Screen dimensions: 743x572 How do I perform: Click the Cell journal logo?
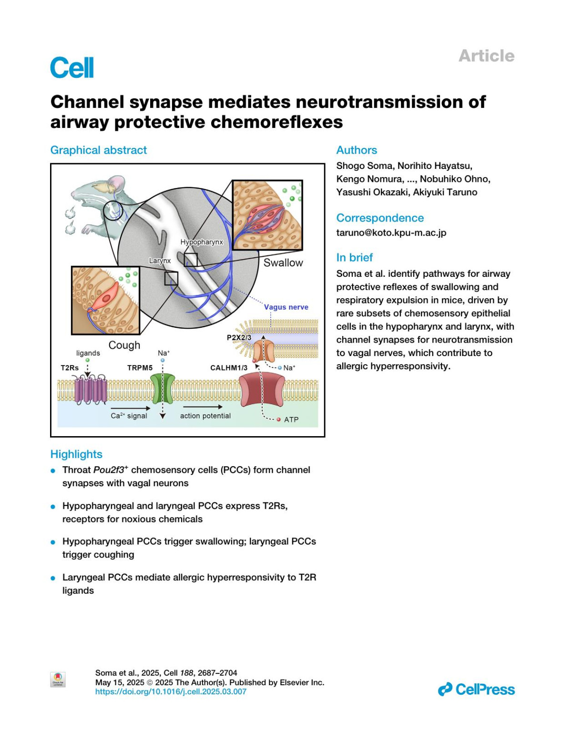tap(72, 67)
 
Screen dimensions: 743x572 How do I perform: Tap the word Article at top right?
tap(486, 56)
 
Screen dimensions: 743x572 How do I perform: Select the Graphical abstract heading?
tap(99, 150)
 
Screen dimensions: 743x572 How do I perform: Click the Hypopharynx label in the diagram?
tap(202, 242)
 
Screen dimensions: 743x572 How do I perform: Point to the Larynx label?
tap(160, 261)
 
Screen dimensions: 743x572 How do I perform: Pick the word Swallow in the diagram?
tap(283, 263)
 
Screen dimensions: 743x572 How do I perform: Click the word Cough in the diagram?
tap(124, 345)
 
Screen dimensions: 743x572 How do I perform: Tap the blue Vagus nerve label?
tap(286, 307)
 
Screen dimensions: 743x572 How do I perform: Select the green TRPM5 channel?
tap(163, 389)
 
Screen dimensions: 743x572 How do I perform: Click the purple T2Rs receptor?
tap(90, 388)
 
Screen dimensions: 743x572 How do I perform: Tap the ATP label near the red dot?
tap(291, 420)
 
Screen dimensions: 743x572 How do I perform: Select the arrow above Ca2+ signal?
tap(130, 408)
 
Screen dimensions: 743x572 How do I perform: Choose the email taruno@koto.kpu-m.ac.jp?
tap(391, 233)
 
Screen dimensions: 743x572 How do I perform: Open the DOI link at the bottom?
tap(171, 691)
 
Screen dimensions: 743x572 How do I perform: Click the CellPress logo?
tap(476, 690)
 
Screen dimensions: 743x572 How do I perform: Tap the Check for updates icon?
tap(58, 679)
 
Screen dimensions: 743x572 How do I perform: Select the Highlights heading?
tap(76, 454)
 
